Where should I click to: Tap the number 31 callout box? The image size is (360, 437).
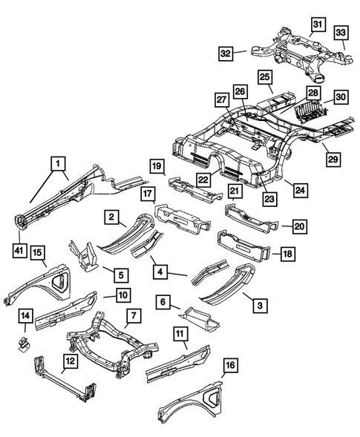pos(317,26)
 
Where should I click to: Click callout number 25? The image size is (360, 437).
pos(264,78)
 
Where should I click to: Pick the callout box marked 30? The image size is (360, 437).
pos(341,97)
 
